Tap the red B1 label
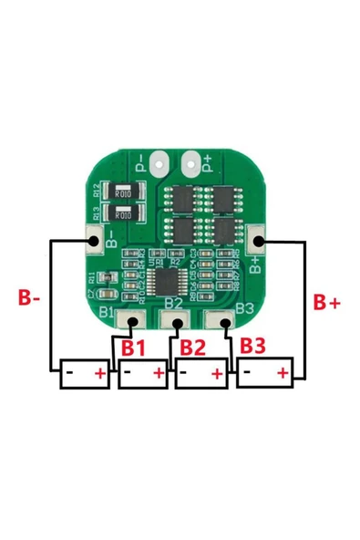click(x=133, y=348)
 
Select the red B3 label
click(x=253, y=346)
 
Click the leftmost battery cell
click(x=85, y=374)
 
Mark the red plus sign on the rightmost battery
click(x=283, y=372)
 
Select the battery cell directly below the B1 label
click(x=143, y=373)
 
